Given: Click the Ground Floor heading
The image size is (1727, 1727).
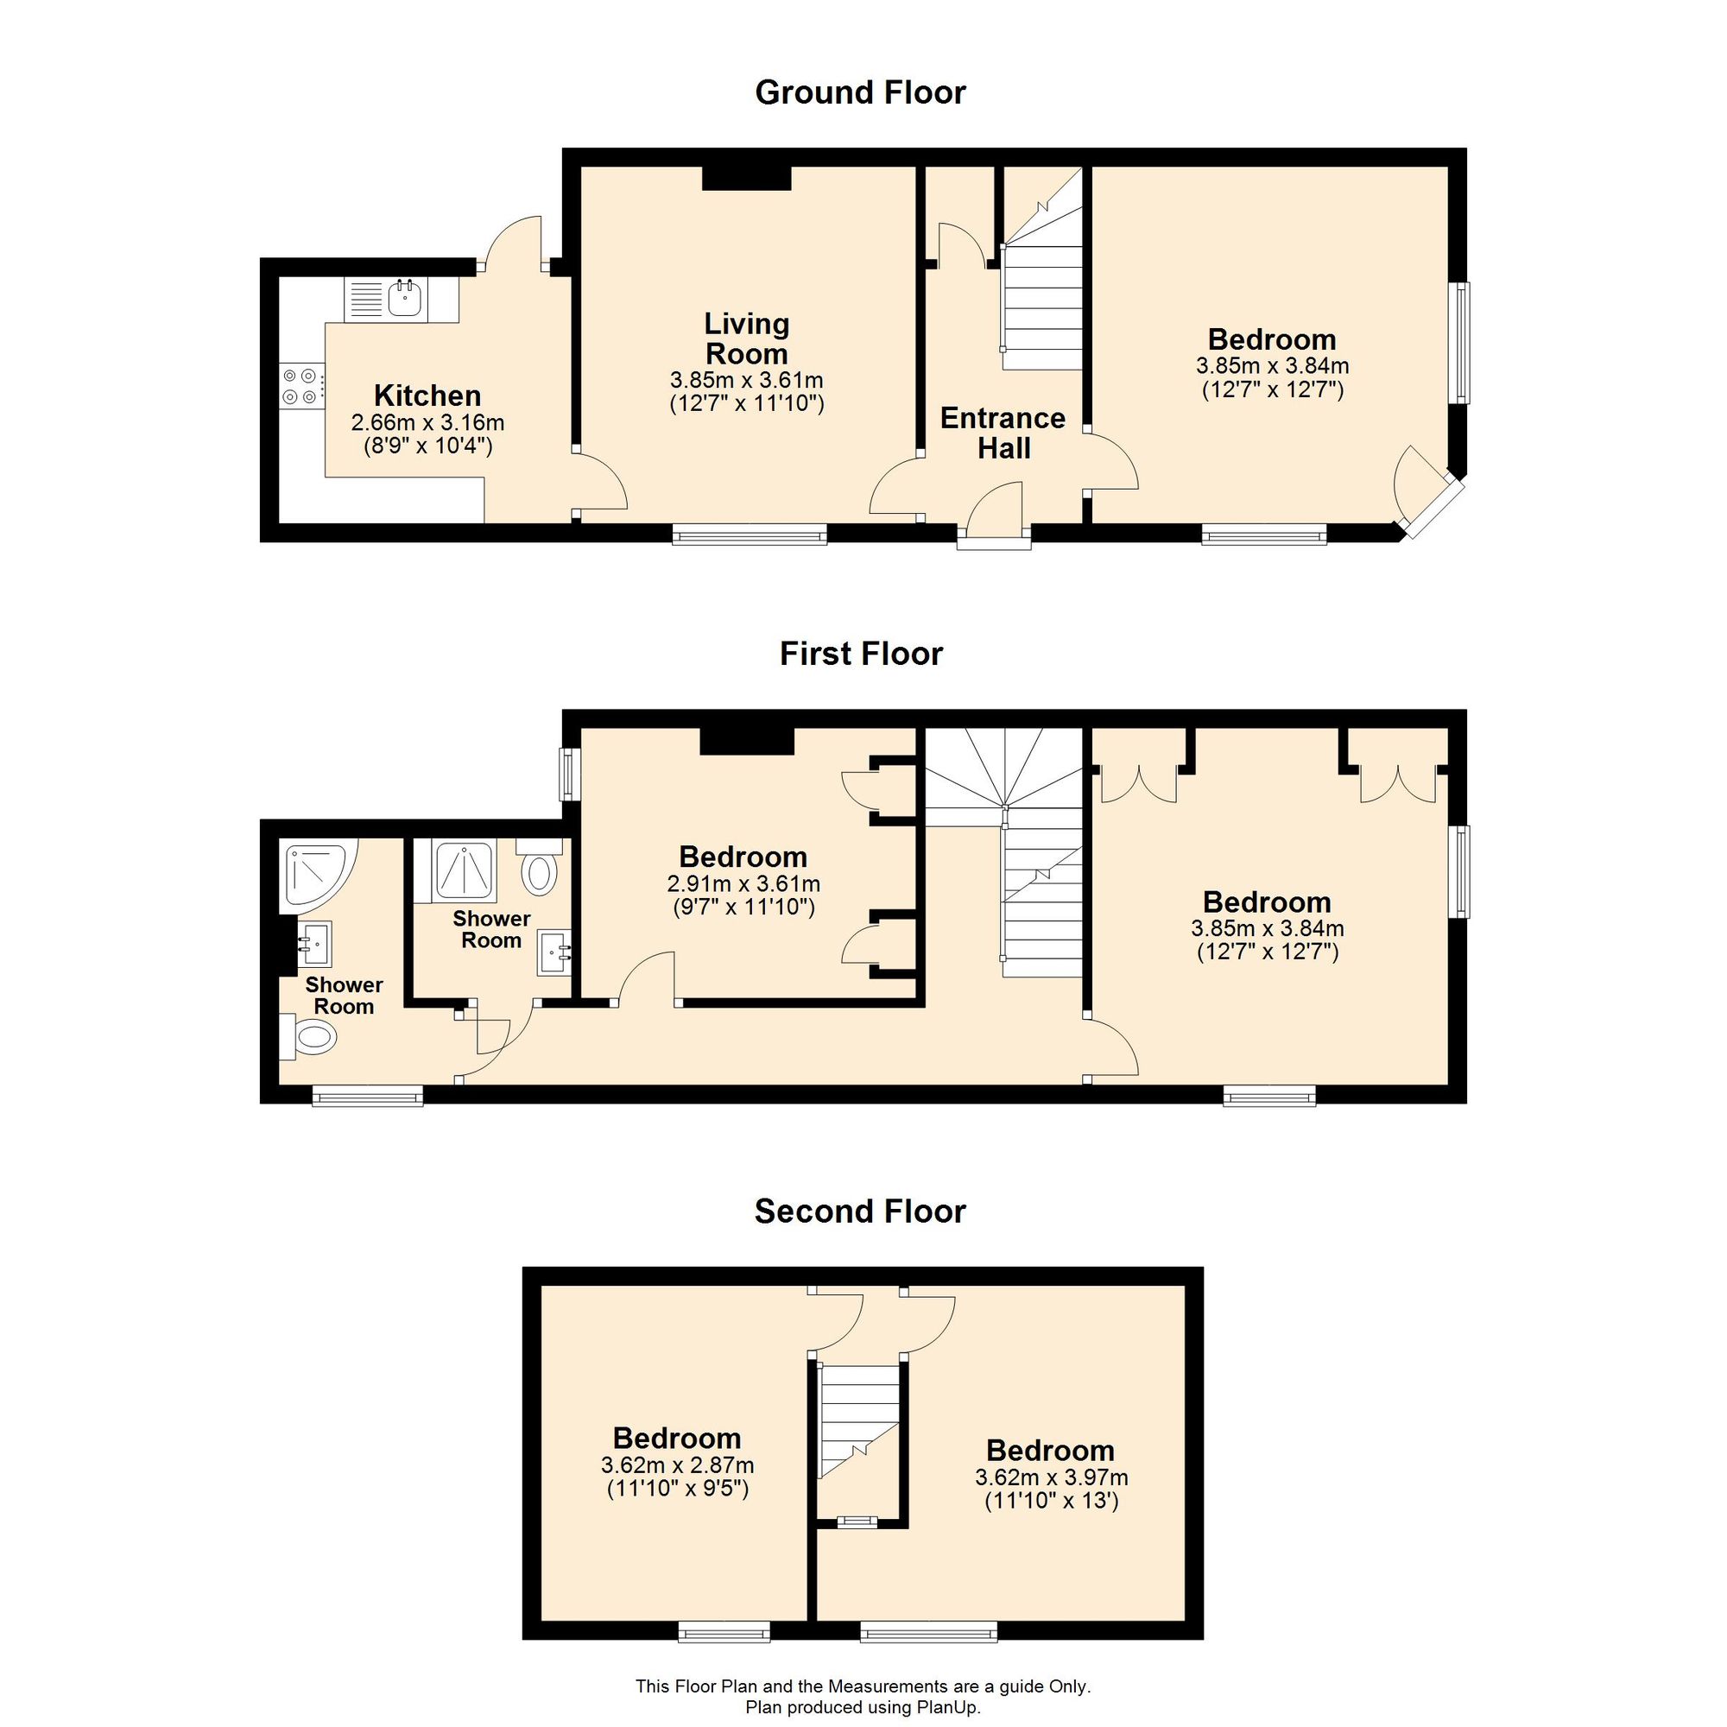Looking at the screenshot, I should pos(860,93).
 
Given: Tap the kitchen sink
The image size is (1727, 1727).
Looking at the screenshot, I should pos(406,298).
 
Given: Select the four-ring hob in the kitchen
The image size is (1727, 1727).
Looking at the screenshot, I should pos(300,386).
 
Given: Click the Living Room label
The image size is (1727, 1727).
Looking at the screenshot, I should pos(746,338).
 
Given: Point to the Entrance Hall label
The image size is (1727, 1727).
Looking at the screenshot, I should pos(1003,433).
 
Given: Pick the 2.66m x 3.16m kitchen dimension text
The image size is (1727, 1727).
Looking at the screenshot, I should pos(427,422).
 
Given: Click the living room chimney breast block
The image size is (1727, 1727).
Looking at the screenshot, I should pos(746,178).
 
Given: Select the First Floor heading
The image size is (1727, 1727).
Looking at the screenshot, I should pos(860,654).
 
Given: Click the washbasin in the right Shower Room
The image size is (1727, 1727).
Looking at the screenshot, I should pos(554,954).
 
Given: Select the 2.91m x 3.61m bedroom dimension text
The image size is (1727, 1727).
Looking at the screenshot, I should pos(743,885).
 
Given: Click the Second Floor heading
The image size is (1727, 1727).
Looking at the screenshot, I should pos(860,1211).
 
